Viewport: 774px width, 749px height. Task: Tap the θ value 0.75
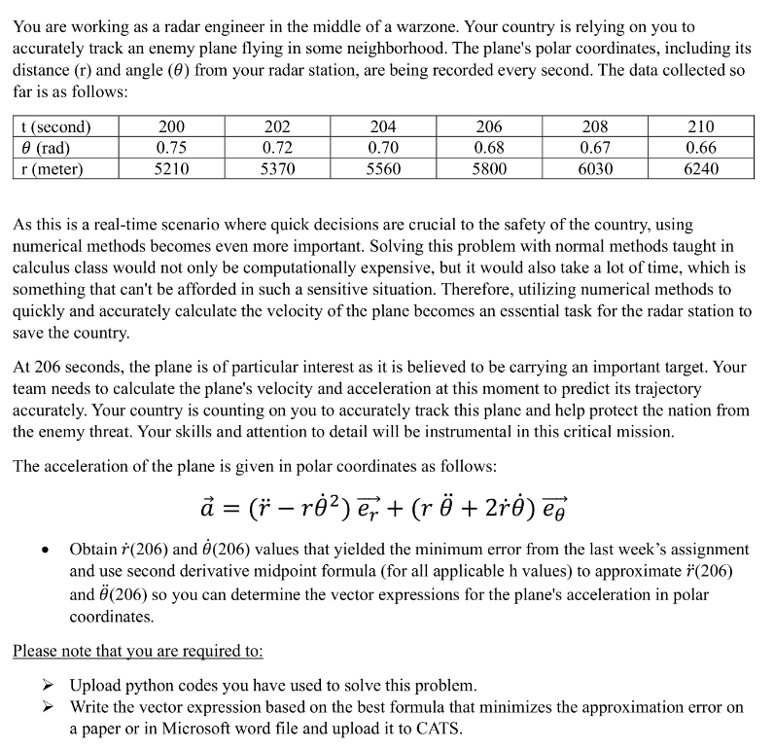tap(172, 148)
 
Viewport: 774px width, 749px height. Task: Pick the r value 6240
tap(701, 168)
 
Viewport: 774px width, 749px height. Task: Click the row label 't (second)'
tap(55, 127)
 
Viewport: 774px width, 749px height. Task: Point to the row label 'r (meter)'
tap(52, 168)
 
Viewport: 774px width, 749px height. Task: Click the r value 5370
tap(278, 168)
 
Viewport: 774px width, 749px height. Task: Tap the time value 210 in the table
tap(701, 127)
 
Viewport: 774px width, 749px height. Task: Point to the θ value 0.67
tap(594, 148)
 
